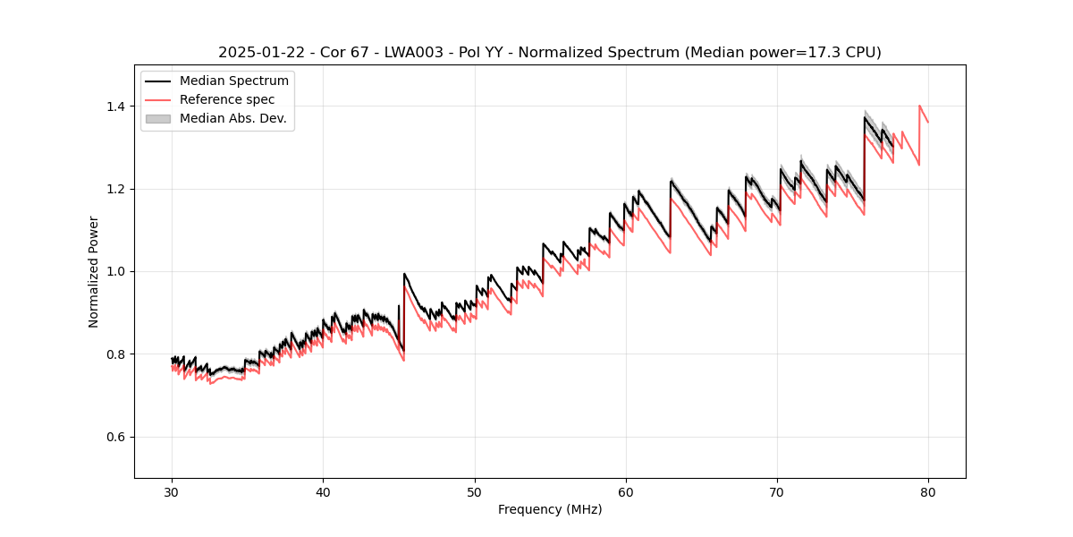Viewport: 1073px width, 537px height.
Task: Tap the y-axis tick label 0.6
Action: point(116,437)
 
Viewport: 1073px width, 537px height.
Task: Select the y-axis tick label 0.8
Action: point(116,354)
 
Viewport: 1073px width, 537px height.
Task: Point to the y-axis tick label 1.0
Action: point(116,271)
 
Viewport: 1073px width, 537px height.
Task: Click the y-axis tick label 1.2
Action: point(116,189)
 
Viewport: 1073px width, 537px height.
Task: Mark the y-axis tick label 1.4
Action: point(116,107)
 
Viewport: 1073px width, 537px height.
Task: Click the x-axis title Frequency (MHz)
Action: point(550,509)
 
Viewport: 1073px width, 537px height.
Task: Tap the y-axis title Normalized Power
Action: point(94,271)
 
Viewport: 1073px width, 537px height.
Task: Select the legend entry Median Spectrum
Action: point(233,81)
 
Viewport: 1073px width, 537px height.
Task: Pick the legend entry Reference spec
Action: point(227,99)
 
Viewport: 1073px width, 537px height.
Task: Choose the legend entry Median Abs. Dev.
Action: point(232,118)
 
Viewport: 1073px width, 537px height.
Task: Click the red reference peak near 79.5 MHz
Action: point(919,106)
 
